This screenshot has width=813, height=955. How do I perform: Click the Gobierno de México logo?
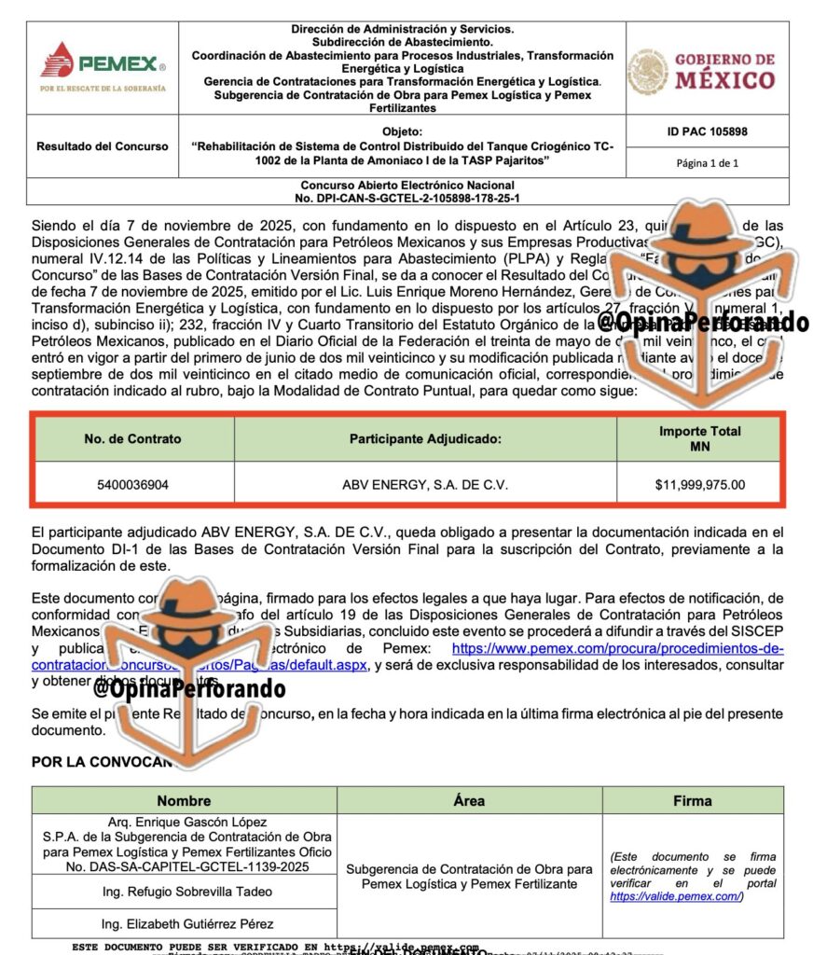(x=701, y=71)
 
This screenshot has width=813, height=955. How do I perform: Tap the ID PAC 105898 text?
(x=707, y=132)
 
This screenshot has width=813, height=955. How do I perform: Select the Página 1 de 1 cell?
(x=707, y=163)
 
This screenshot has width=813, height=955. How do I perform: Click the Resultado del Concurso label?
(x=103, y=146)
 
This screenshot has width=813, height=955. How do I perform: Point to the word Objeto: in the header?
(x=402, y=132)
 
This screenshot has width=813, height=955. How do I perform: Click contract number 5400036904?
(x=132, y=485)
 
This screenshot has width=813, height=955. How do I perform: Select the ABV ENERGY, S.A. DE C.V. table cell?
(x=425, y=485)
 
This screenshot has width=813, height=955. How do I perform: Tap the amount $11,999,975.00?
(x=699, y=485)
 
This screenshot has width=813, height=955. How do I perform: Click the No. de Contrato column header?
(x=132, y=438)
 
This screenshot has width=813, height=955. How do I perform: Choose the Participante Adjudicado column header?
(x=425, y=438)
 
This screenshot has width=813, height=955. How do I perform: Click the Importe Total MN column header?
(x=699, y=438)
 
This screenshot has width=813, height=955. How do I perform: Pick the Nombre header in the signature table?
(x=184, y=800)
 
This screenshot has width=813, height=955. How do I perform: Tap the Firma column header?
(x=692, y=800)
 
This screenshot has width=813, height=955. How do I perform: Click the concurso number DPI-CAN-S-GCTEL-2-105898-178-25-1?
(x=407, y=199)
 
